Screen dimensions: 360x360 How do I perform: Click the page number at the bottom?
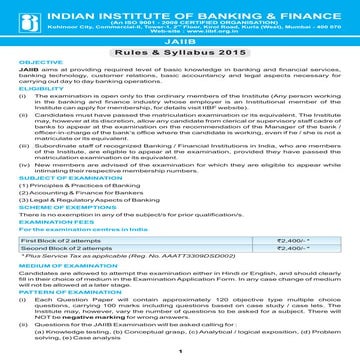179,352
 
